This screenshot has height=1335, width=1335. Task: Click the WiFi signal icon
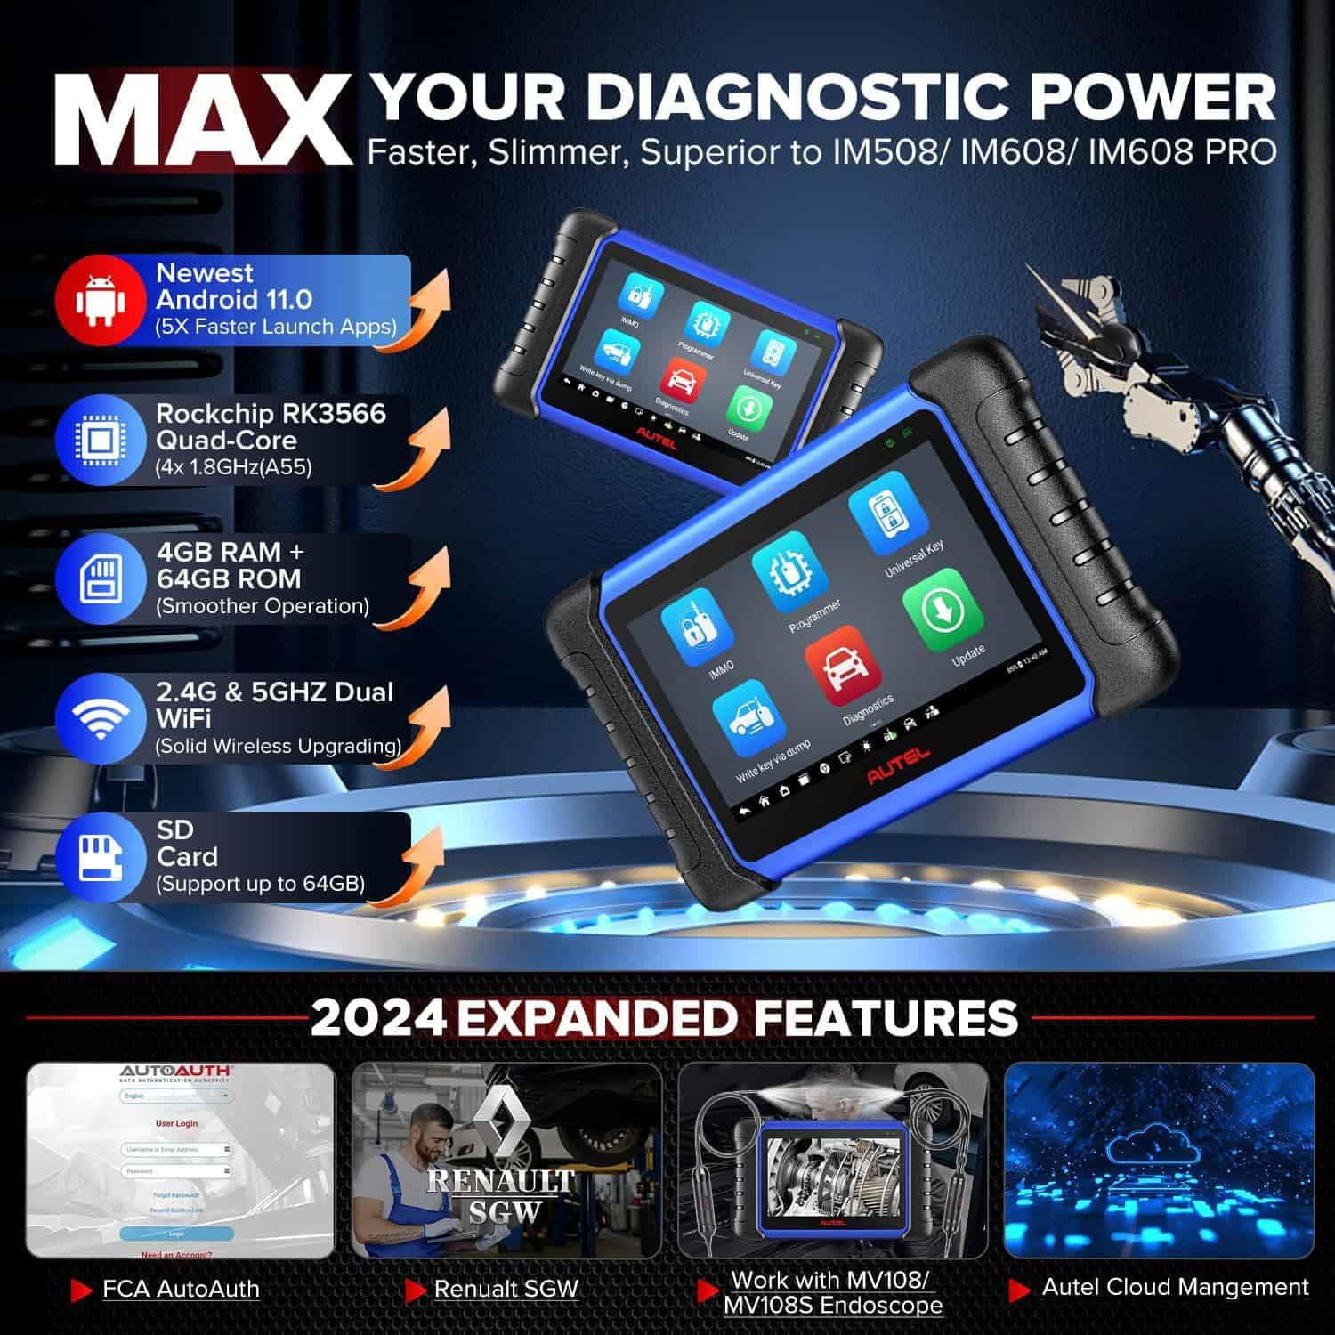pos(99,716)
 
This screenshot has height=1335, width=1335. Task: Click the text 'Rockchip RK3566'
pos(271,414)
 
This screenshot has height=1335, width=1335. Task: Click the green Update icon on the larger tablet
pos(942,611)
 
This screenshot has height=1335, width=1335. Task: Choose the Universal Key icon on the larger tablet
pos(882,515)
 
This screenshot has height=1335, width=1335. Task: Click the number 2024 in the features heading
pos(378,1017)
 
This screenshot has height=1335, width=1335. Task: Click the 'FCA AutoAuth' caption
pos(181,1289)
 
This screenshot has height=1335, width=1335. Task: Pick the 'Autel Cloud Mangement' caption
pos(1175,1287)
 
